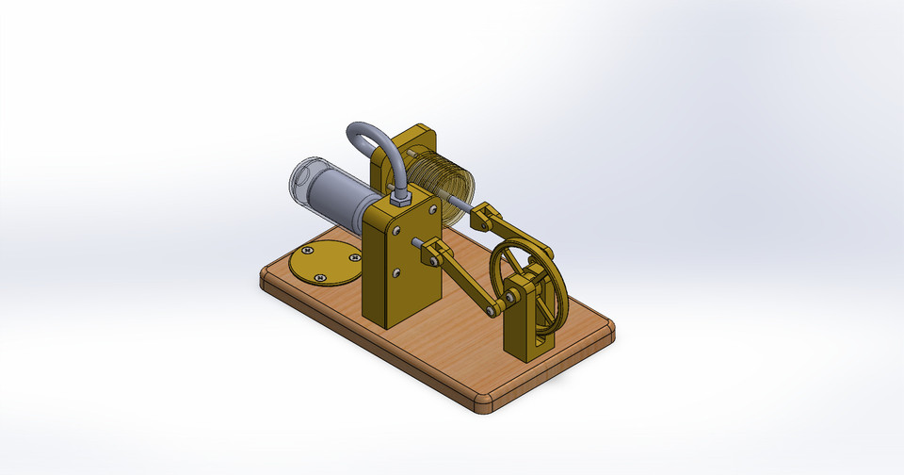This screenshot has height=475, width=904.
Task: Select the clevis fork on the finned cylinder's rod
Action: coord(483,219)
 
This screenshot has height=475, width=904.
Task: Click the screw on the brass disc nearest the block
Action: coord(354,256)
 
